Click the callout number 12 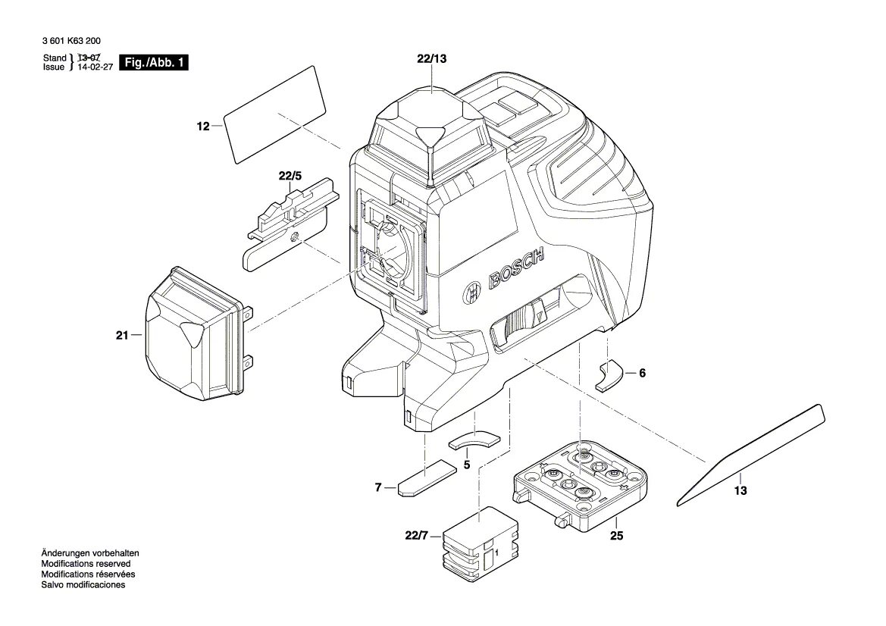[202, 127]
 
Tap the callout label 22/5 [290, 177]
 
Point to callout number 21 [122, 334]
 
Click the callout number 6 [642, 373]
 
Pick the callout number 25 [615, 536]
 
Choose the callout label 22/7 [417, 537]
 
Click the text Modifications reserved [86, 564]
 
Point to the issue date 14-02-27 [90, 67]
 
